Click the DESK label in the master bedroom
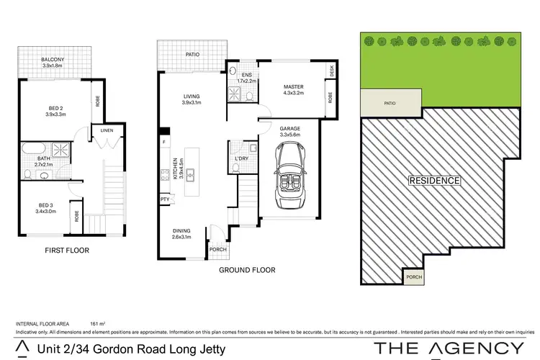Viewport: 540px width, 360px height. click(x=332, y=71)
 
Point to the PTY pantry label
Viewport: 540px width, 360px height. click(x=166, y=199)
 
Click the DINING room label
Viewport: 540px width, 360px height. click(x=181, y=232)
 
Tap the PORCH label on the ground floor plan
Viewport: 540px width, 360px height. click(x=217, y=250)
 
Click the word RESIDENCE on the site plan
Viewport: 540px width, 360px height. click(x=434, y=180)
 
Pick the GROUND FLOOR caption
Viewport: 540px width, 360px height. click(x=248, y=270)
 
